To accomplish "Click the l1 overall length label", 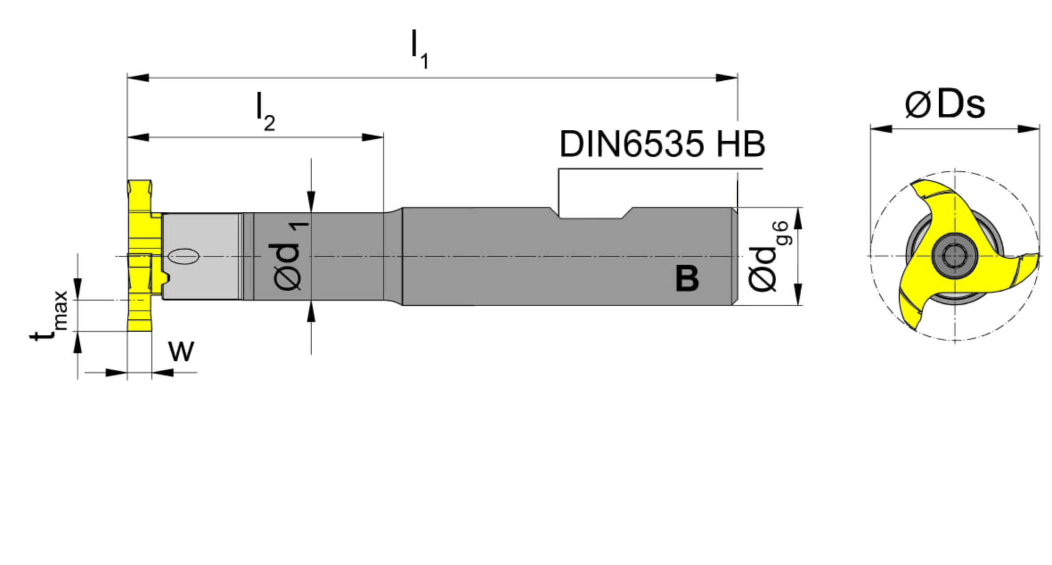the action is click(419, 49).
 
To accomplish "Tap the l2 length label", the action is click(265, 111).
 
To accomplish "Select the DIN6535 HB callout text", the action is click(662, 144).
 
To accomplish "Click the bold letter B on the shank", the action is click(687, 278).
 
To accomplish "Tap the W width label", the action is click(181, 351).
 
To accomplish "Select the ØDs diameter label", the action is click(945, 105).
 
